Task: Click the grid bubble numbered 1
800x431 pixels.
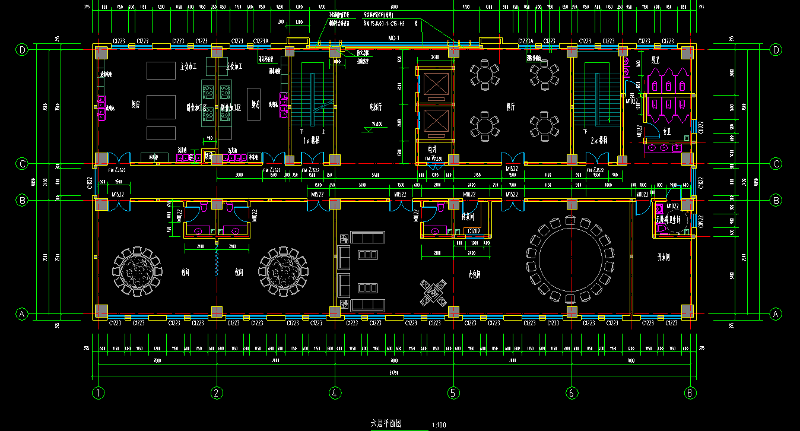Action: click(98, 393)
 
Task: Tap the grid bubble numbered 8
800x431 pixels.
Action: click(689, 393)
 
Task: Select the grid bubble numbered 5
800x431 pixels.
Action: click(454, 393)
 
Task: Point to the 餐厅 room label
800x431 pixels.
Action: click(510, 107)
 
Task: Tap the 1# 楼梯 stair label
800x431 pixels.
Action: click(312, 141)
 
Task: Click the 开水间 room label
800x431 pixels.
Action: click(664, 258)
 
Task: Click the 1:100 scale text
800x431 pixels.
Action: click(439, 424)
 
